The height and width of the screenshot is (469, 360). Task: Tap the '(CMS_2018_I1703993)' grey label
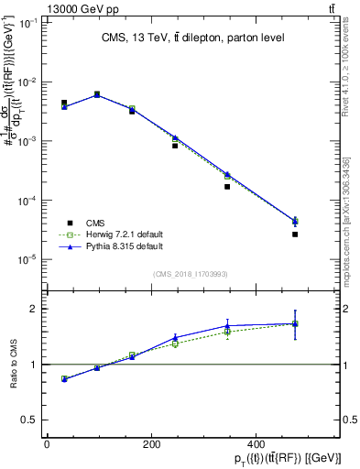[191, 273]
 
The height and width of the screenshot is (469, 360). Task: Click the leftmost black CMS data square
[64, 104]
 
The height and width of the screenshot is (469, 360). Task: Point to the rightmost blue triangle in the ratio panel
[295, 323]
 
